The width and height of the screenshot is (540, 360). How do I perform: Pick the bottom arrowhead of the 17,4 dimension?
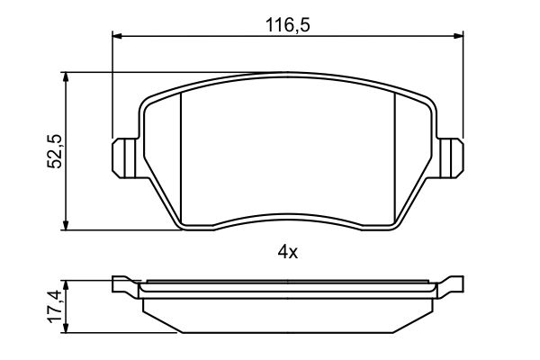66,329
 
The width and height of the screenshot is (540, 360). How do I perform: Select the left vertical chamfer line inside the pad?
182,157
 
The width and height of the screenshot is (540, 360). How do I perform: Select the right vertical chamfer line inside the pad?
397,157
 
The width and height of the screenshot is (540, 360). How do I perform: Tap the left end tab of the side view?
123,286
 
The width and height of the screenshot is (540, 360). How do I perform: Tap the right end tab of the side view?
453,286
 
